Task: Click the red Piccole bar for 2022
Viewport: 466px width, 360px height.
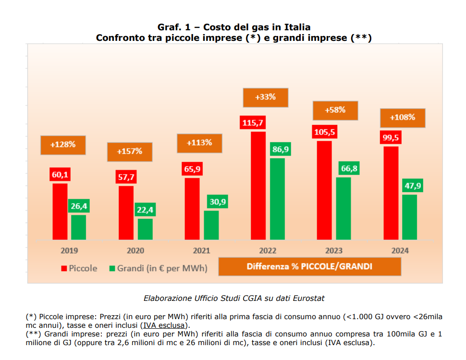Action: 258,185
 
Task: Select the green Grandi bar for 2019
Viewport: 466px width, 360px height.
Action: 78,227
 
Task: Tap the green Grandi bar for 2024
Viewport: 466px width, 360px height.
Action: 409,217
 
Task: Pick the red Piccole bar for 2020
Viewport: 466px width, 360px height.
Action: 126,212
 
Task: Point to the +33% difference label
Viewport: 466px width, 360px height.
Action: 265,97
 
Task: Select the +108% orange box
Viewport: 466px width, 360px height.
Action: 402,117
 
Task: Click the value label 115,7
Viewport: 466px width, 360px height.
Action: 253,123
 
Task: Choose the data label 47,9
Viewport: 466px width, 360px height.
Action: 412,186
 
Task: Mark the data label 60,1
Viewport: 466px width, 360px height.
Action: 60,174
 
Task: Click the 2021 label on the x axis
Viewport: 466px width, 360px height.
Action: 201,251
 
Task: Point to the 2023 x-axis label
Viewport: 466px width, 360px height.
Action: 333,251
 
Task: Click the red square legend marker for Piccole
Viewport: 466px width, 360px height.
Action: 63,268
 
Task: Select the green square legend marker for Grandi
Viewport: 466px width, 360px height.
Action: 112,268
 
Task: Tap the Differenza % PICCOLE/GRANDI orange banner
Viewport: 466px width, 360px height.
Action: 309,266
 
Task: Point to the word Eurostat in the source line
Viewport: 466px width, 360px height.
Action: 308,298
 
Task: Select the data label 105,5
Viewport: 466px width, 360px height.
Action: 324,132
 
